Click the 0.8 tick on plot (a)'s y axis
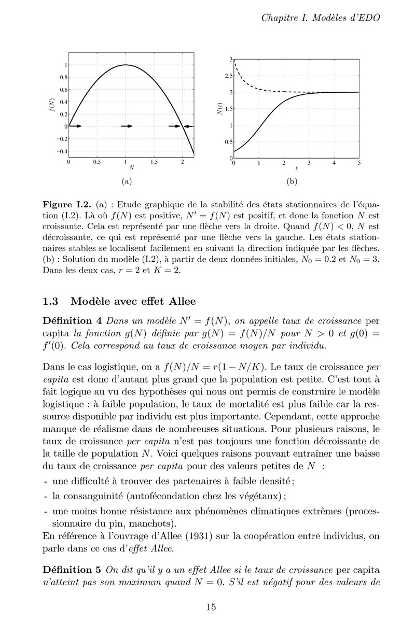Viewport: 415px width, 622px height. pos(62,77)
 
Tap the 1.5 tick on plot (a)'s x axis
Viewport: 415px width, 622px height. pos(154,162)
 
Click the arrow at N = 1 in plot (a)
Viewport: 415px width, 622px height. pos(127,126)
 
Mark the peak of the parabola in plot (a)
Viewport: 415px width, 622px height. pos(126,65)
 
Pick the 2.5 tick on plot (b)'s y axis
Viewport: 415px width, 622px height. pos(228,76)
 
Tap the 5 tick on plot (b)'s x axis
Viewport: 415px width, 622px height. pos(359,163)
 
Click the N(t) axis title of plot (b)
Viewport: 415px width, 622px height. pos(219,109)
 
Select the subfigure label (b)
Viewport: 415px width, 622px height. pos(291,182)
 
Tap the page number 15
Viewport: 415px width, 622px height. pos(211,607)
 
